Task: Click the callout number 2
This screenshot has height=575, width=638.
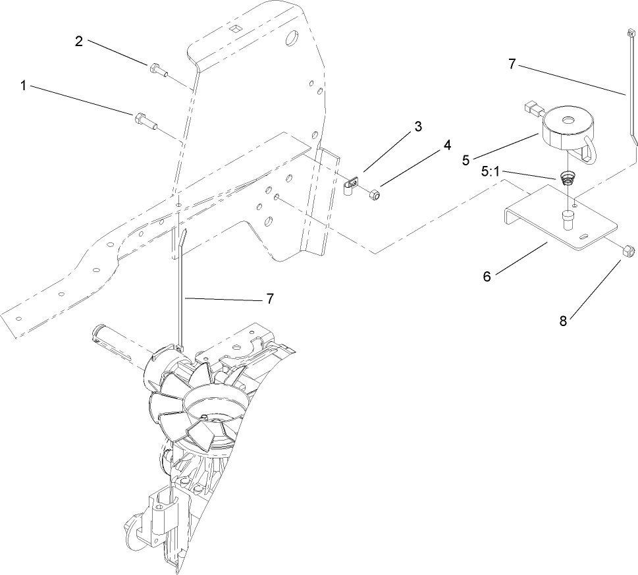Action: click(x=78, y=41)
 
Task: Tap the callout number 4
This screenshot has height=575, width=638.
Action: click(x=448, y=145)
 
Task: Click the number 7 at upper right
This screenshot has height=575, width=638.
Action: click(x=513, y=64)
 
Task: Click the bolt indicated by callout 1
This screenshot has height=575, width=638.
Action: click(x=144, y=120)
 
